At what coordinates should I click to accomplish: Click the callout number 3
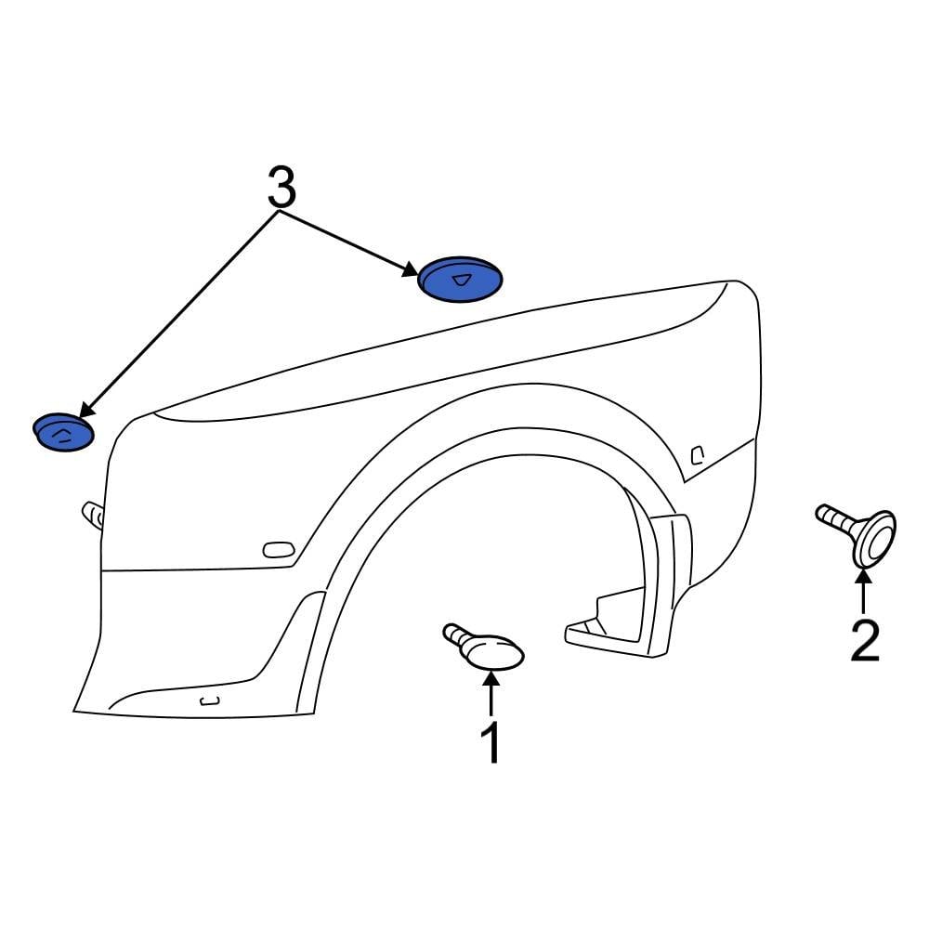point(281,187)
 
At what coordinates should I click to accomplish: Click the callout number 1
point(491,742)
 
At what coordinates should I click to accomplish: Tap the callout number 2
point(864,640)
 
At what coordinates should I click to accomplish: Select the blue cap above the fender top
point(461,280)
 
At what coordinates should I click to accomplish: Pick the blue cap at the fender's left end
point(63,432)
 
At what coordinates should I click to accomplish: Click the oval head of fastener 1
point(495,653)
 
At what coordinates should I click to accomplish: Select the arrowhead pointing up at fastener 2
point(864,575)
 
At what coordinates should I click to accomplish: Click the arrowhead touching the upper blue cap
point(411,270)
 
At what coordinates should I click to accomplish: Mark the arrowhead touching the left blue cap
point(86,409)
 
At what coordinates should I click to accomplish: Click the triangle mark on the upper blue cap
point(462,281)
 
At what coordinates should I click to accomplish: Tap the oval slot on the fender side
point(279,550)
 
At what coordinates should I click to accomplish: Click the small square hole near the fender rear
point(698,455)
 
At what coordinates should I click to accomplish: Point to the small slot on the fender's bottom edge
point(210,701)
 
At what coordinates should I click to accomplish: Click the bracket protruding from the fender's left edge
point(93,515)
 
